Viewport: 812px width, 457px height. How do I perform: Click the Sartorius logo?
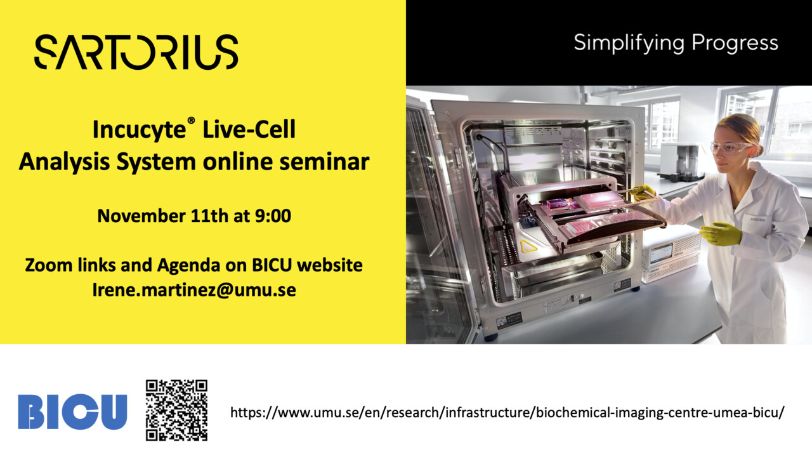(x=136, y=52)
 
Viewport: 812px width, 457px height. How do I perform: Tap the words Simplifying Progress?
(x=676, y=44)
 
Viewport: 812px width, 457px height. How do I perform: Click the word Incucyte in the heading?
(x=139, y=129)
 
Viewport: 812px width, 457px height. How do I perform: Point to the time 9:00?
(x=273, y=216)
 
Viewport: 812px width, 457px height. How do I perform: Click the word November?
(x=141, y=216)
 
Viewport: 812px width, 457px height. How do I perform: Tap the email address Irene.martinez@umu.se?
(x=194, y=290)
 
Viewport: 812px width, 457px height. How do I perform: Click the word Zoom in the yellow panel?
(x=49, y=265)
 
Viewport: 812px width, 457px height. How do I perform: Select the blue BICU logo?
(x=72, y=412)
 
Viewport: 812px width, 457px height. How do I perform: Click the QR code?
(x=176, y=410)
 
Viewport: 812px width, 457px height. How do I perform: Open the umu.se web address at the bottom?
(x=507, y=413)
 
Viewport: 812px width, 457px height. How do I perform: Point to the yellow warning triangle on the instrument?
(x=528, y=246)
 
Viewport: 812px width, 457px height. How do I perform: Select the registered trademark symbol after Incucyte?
(x=191, y=121)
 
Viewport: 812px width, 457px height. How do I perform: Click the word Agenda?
(x=188, y=266)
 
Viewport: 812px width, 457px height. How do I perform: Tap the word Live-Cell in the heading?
(x=249, y=129)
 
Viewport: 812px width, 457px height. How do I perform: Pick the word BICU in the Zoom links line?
(x=272, y=265)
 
